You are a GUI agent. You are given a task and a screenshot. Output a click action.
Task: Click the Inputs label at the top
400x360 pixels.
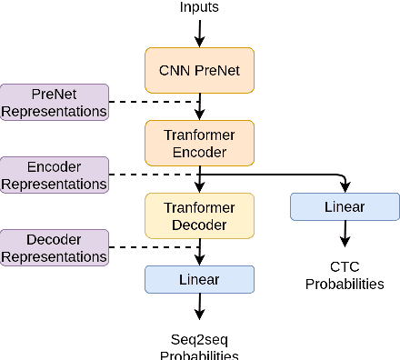tap(199, 8)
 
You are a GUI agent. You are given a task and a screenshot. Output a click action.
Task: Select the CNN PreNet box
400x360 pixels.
tap(199, 69)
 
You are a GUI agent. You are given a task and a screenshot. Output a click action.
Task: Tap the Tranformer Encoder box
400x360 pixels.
tap(199, 143)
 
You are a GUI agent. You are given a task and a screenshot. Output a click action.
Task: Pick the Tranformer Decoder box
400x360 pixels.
tap(199, 216)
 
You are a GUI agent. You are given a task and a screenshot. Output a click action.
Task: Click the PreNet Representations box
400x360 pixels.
tap(54, 101)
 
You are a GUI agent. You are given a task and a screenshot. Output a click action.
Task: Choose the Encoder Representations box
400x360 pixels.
tap(54, 175)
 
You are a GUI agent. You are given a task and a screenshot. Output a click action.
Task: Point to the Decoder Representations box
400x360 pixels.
tap(54, 247)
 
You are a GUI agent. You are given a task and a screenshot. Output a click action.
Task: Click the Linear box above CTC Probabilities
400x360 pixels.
tap(345, 207)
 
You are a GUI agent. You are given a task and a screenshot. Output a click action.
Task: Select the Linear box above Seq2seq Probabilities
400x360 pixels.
tap(199, 279)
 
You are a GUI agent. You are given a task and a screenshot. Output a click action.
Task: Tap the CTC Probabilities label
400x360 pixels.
tap(345, 275)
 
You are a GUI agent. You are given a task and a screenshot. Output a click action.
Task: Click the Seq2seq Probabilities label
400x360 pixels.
tap(199, 346)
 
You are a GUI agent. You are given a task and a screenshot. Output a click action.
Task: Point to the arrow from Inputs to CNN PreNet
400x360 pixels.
tap(199, 33)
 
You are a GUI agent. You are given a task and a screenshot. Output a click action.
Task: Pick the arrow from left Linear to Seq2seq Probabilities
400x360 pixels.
tap(199, 308)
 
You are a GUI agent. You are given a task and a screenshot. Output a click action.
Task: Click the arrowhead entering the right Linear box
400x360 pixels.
tap(345, 188)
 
